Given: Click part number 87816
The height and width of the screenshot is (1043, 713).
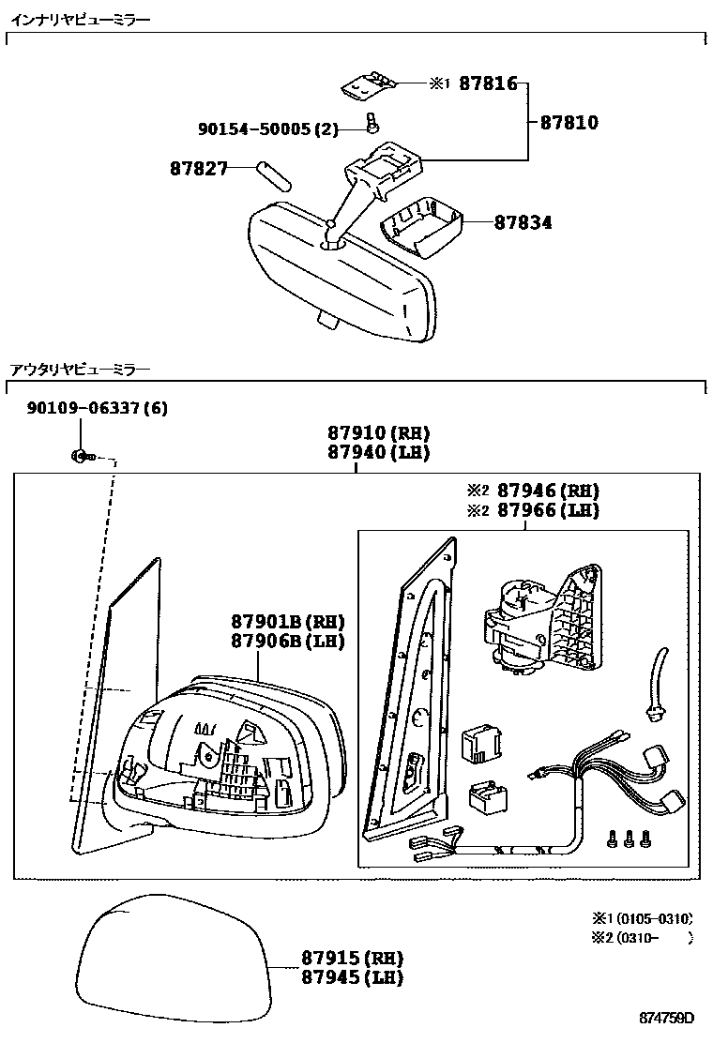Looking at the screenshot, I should (x=488, y=83).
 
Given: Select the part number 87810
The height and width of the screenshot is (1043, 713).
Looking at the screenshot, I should (x=568, y=123).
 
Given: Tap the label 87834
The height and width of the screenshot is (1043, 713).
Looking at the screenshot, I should (x=523, y=223).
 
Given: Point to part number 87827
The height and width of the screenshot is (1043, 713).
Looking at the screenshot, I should (x=198, y=169).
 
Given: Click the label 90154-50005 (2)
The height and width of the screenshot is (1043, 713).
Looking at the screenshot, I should (x=267, y=129).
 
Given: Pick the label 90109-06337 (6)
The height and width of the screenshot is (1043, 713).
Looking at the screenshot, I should (x=98, y=409).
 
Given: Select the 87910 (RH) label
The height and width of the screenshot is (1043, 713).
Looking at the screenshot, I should (x=378, y=433).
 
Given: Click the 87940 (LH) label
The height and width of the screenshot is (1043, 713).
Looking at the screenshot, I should (x=378, y=452).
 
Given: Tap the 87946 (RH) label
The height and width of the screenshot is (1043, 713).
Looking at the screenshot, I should (x=547, y=491).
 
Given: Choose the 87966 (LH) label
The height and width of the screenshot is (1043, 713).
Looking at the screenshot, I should (x=547, y=510).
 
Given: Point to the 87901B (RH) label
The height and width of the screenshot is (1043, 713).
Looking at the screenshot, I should (x=288, y=622).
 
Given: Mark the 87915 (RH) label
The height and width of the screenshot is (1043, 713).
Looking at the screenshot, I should (x=352, y=958).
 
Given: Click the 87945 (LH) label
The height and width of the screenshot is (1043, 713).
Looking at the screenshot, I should (x=352, y=977).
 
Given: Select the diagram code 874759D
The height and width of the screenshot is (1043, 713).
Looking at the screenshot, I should (x=667, y=1019).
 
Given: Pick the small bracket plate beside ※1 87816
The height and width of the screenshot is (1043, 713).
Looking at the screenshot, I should (x=367, y=85).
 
